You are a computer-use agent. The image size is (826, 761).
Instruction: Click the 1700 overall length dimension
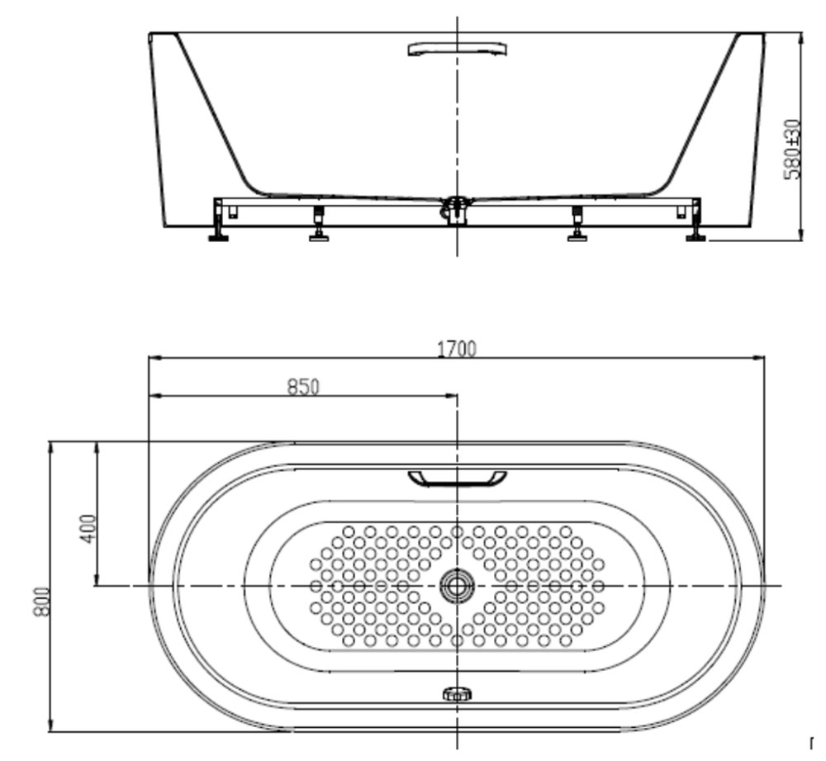point(457,349)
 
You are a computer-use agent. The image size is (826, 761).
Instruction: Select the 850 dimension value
point(303,387)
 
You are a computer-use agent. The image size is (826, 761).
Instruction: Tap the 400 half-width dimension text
point(89,529)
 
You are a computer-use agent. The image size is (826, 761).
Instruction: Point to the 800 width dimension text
point(41,602)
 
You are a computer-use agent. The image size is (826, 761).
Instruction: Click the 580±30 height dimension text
point(792,150)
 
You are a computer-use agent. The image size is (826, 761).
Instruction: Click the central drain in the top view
point(457,586)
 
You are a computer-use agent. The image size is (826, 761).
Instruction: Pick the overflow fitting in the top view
point(457,694)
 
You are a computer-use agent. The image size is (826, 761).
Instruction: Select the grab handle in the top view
point(457,478)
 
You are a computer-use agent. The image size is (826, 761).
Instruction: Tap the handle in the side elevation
point(458,49)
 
